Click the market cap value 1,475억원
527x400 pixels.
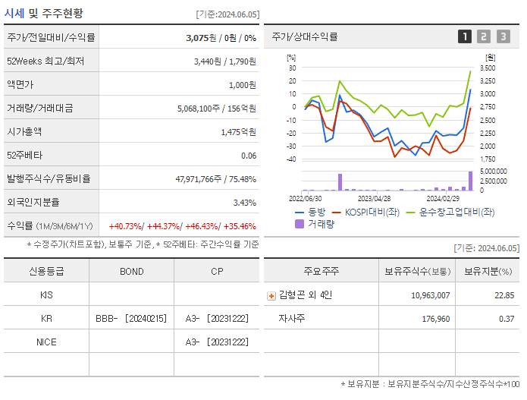[238, 131]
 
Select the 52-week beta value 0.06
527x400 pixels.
[248, 156]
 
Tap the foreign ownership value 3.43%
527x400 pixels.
[244, 203]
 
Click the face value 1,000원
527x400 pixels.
[242, 84]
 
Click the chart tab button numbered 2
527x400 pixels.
[485, 36]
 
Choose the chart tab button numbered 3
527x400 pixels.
[503, 36]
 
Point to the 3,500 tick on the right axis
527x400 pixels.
[488, 68]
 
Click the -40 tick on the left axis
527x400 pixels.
[290, 159]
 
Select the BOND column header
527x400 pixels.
[131, 271]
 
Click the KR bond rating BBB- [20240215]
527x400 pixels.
[131, 319]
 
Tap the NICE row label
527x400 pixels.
[46, 342]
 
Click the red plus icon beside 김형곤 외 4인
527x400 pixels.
[271, 295]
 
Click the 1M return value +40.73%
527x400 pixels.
[126, 226]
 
